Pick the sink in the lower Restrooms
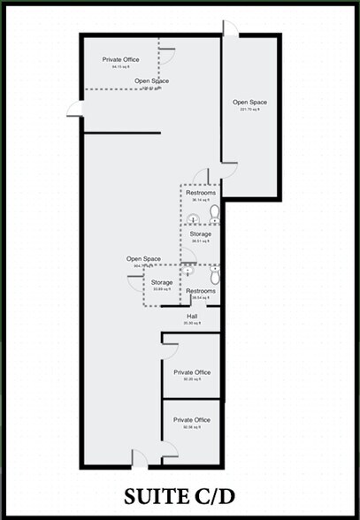coord(189,271)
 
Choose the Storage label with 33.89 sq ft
coord(161,285)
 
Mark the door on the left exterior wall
coord(75,108)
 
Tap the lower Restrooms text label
coord(201,291)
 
